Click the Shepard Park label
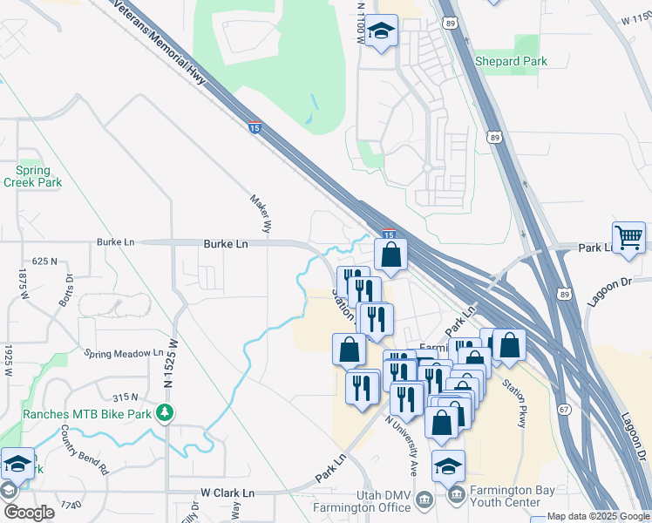[511, 61]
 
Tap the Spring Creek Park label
[32, 176]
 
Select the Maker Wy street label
[261, 213]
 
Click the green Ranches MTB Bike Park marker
[165, 413]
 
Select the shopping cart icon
[628, 237]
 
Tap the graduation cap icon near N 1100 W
[381, 32]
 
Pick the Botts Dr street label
[71, 289]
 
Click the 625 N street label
[44, 261]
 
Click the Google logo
[29, 513]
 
